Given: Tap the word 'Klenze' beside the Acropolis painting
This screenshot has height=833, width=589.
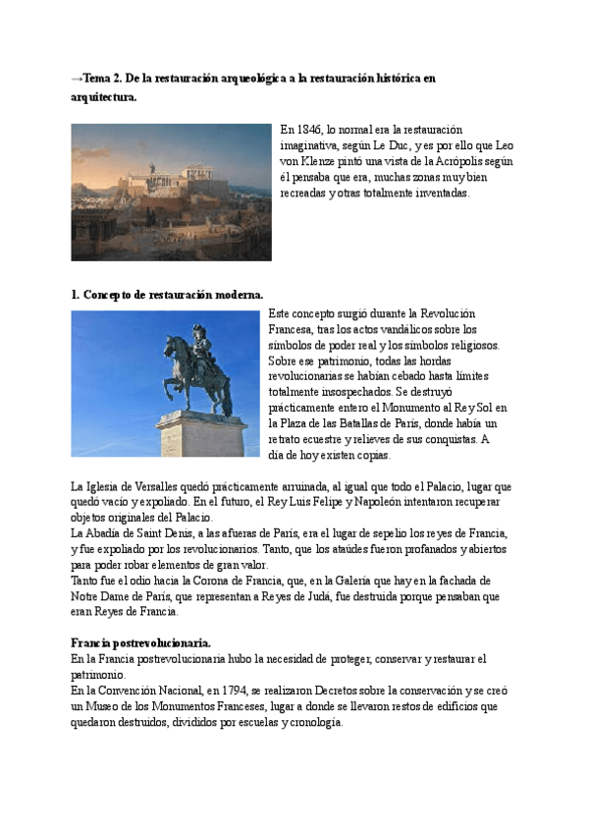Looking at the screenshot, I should (320, 162).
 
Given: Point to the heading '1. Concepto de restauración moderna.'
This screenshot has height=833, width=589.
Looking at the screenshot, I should (167, 295).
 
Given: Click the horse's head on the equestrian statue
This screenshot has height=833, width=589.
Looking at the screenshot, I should (171, 342).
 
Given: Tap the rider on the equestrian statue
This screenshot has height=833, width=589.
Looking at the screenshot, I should (199, 349).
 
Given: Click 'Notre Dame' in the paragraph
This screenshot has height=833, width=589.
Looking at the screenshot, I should (99, 596).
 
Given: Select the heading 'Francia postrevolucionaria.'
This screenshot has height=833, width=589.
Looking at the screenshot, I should (141, 643).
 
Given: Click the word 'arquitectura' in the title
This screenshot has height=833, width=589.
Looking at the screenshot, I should (103, 98).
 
